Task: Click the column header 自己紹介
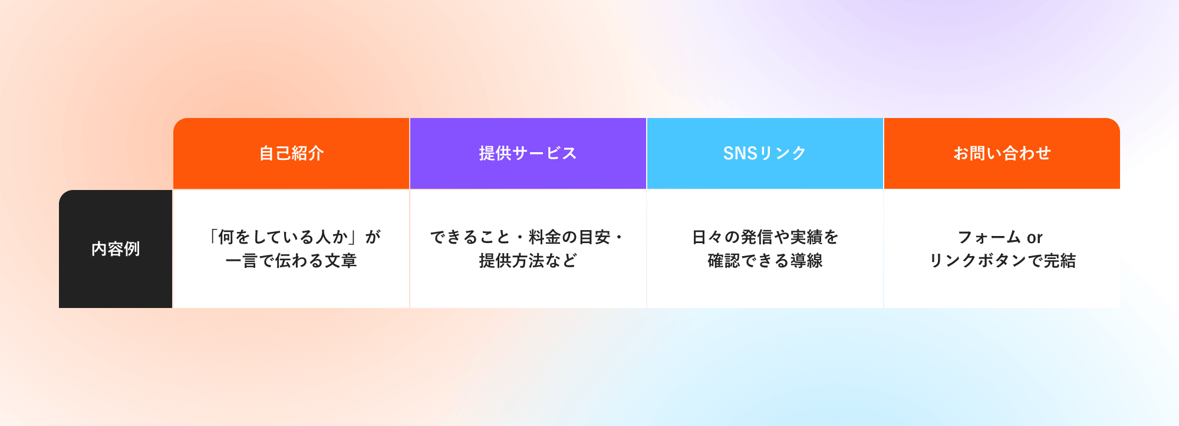click(x=291, y=153)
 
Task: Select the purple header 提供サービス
click(x=528, y=153)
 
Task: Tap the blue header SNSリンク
click(x=765, y=153)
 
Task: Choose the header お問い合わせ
click(x=1002, y=153)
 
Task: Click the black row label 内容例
click(x=116, y=249)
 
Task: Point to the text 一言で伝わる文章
click(x=291, y=261)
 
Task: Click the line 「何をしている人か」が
click(x=293, y=237)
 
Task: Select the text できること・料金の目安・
click(x=526, y=237)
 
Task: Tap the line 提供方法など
click(x=528, y=261)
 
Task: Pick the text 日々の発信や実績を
click(x=765, y=237)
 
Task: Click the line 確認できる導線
click(x=765, y=261)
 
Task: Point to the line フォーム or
click(x=1000, y=237)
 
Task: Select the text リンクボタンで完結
click(x=1002, y=261)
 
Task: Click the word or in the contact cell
click(x=1035, y=238)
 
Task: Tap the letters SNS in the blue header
click(x=740, y=153)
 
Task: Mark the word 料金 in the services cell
click(x=545, y=237)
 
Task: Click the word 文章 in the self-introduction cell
click(x=341, y=261)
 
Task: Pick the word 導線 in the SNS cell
click(x=806, y=261)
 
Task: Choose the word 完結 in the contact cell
click(x=1060, y=261)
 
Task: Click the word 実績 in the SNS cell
click(x=806, y=237)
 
